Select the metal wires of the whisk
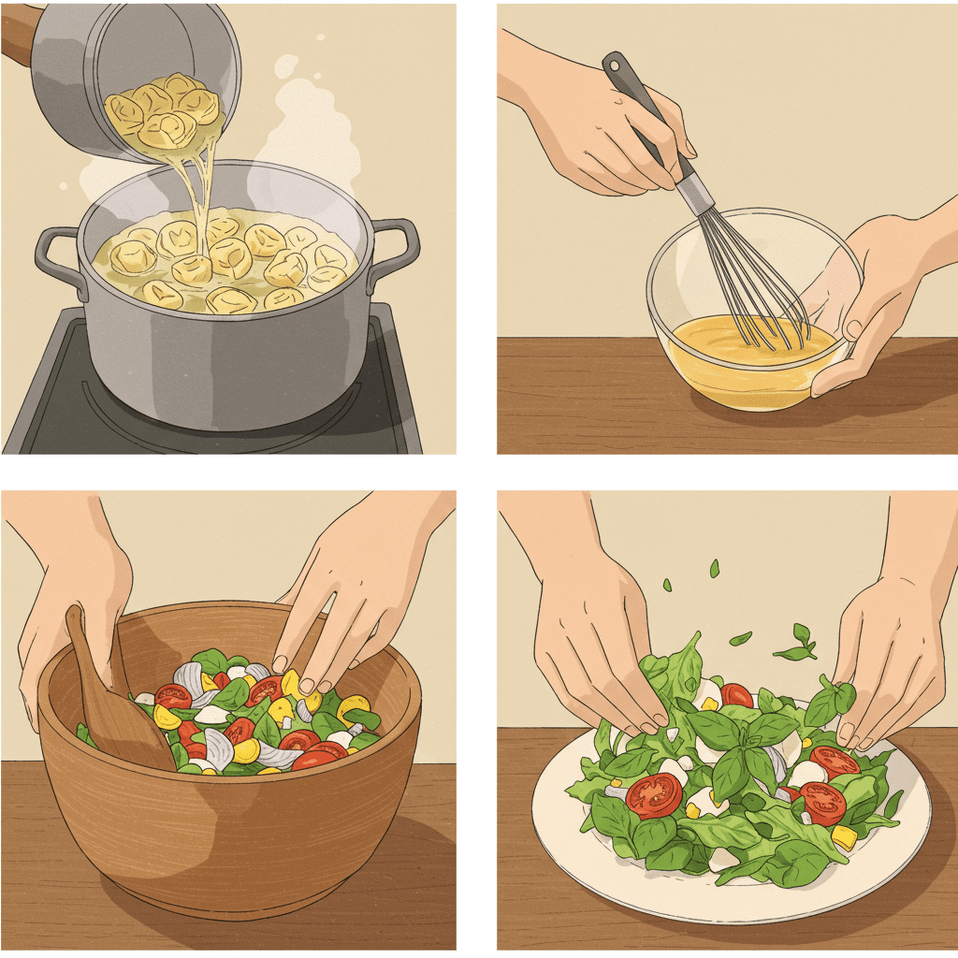point(748,281)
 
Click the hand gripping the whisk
point(608,131)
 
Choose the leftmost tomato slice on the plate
point(653,795)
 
